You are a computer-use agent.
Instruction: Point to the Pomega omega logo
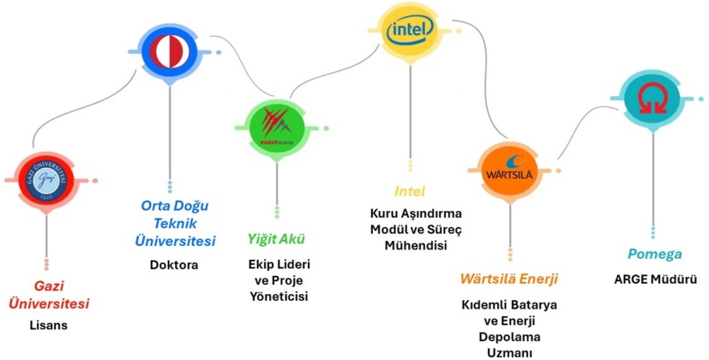click(653, 101)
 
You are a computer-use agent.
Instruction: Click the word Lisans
click(49, 327)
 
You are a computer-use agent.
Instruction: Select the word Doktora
click(174, 265)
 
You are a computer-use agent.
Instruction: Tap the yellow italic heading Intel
click(410, 191)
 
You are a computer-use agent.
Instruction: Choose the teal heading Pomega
click(653, 255)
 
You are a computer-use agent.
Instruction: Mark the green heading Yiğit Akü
click(276, 238)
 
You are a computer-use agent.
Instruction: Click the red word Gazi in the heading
click(50, 285)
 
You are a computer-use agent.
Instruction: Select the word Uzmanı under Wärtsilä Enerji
click(510, 352)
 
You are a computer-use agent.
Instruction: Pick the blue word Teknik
click(174, 224)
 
